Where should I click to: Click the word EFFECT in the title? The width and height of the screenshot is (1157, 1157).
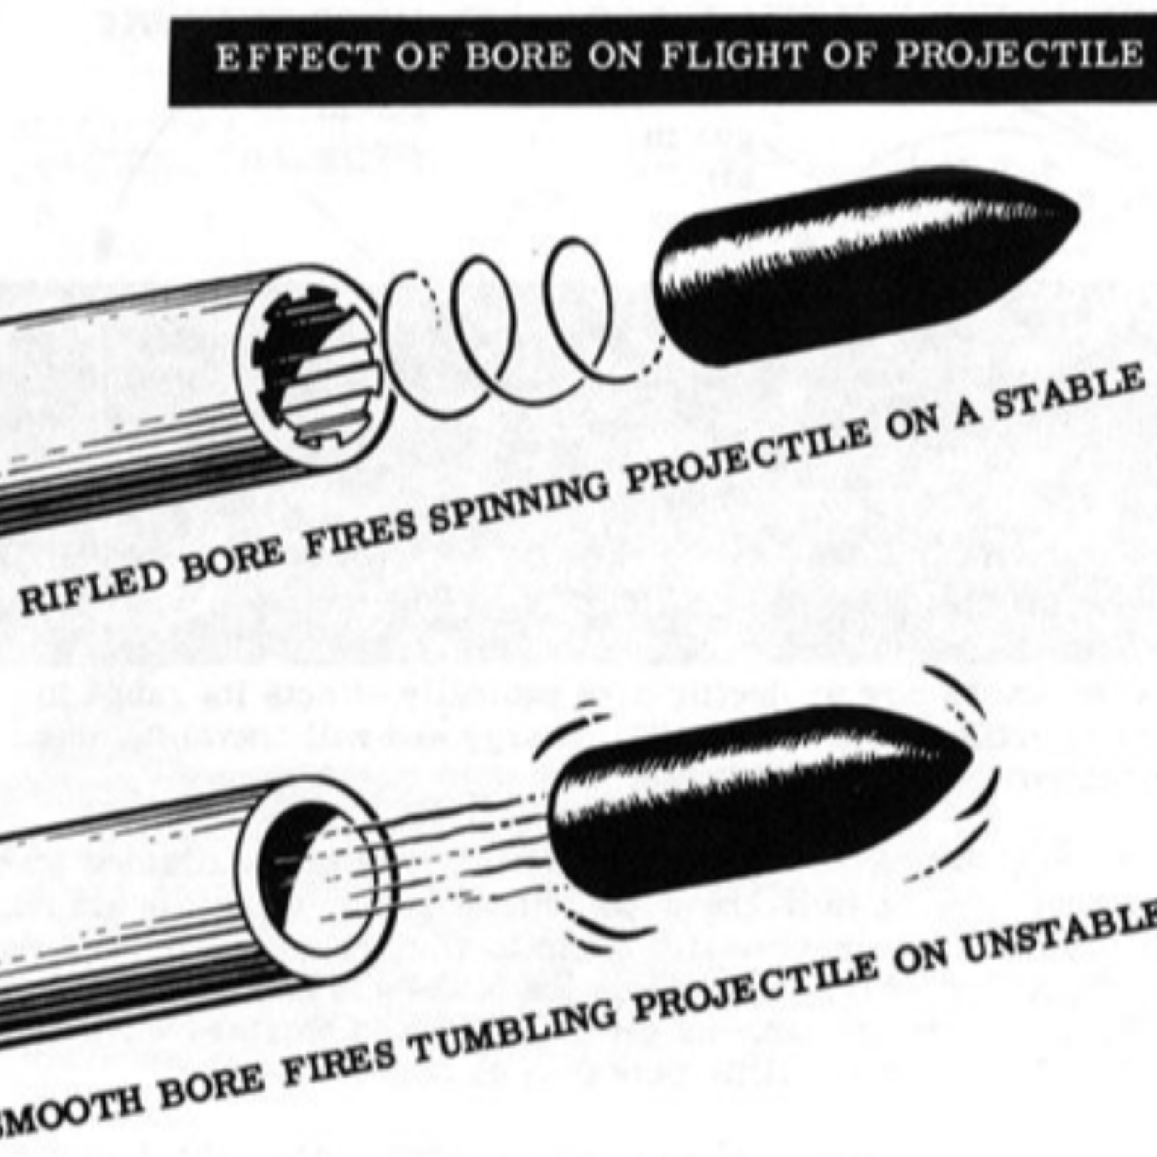pyautogui.click(x=298, y=58)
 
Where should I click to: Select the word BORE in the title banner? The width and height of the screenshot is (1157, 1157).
pyautogui.click(x=518, y=57)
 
